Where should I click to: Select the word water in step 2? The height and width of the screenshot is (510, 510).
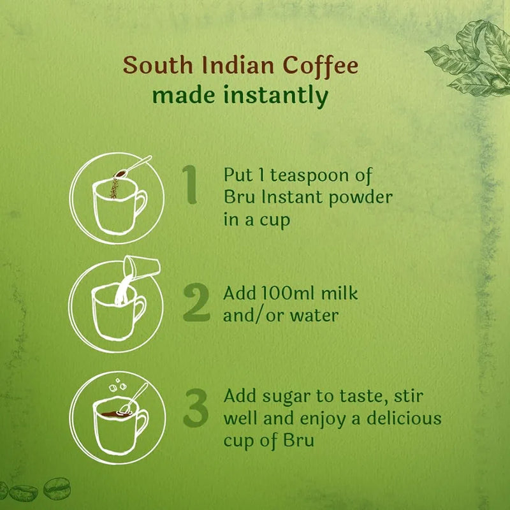coord(316,315)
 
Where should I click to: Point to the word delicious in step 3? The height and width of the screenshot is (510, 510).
coord(404,419)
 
